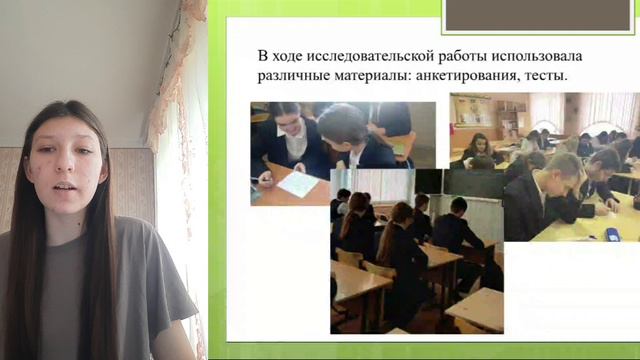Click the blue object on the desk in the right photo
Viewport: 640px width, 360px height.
(x=612, y=234)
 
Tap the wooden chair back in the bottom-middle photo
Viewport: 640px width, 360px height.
(x=349, y=258)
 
